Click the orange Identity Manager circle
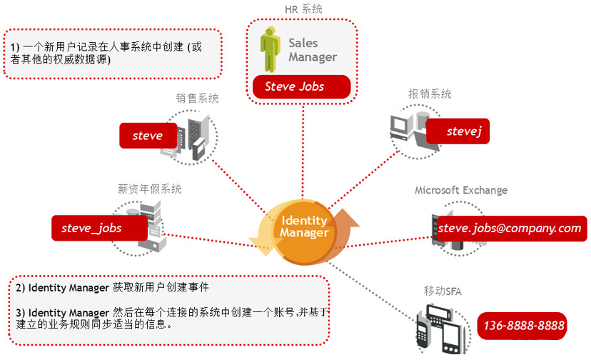[x=304, y=227]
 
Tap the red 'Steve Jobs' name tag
[x=301, y=86]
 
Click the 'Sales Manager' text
[x=312, y=50]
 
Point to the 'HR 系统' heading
[x=303, y=9]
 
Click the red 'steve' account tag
[x=147, y=135]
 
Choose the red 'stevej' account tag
[x=458, y=131]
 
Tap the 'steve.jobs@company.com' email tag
[x=510, y=228]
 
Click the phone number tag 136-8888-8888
[x=524, y=326]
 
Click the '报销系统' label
[x=430, y=94]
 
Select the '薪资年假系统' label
[x=149, y=189]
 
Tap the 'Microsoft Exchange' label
[x=461, y=190]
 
